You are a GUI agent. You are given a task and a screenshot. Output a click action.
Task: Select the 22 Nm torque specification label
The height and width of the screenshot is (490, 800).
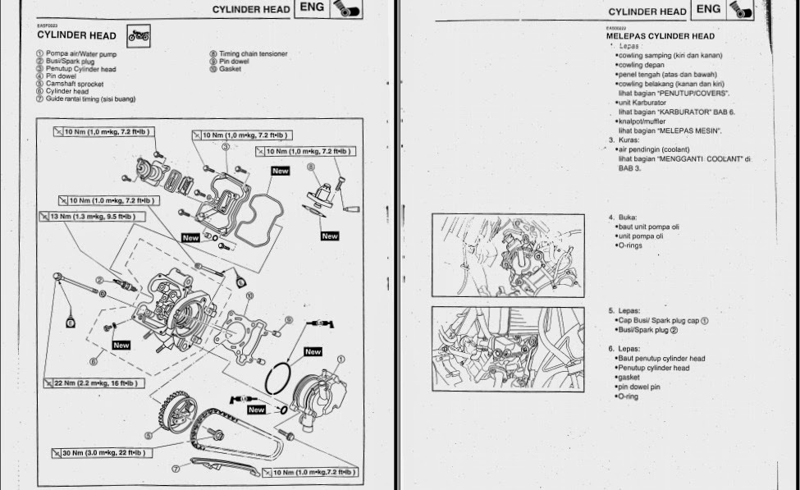pos(89,383)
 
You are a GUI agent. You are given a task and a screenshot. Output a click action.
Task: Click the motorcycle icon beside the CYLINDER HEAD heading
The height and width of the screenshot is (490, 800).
pos(138,35)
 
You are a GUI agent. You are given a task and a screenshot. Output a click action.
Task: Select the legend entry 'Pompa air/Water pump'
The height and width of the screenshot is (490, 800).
pos(75,54)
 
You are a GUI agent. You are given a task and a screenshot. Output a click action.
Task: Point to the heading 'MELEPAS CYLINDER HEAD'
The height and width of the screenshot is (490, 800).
pos(660,36)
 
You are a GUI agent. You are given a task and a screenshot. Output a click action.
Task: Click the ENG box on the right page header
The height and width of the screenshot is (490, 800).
pos(709,9)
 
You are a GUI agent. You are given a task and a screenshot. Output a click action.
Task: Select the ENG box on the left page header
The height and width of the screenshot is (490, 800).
pos(312,8)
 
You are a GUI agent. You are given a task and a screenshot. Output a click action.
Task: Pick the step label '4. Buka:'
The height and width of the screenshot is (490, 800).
pos(623,218)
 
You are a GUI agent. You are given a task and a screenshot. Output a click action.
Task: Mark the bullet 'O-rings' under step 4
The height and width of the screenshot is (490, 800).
pos(629,245)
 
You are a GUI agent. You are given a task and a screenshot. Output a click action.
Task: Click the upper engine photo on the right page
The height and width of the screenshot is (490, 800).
pos(508,255)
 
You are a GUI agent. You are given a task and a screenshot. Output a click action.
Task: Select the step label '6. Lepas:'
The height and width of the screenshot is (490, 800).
pos(624,349)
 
